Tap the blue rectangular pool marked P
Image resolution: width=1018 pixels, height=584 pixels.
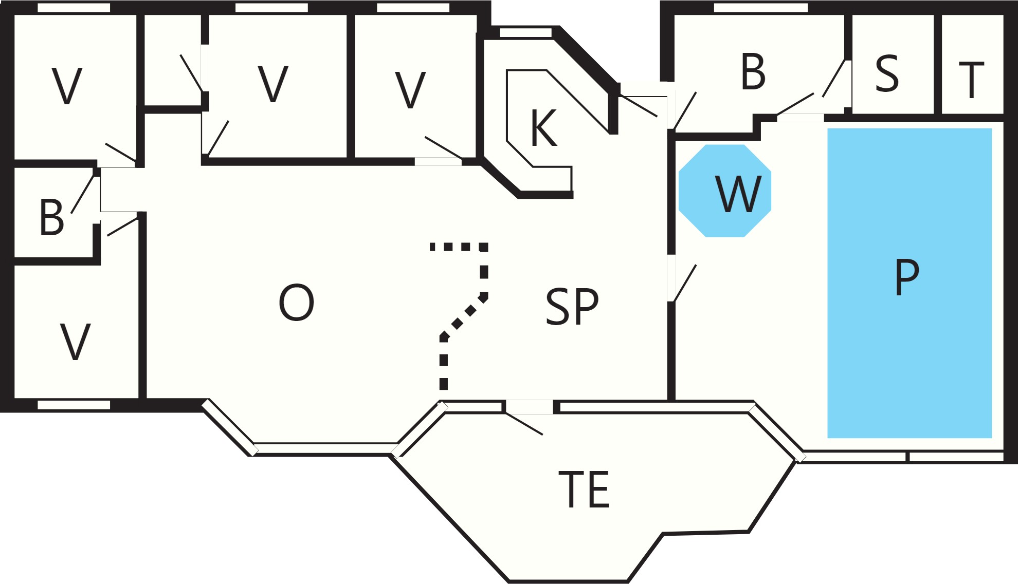[x=909, y=283]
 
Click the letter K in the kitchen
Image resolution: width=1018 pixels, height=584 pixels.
[x=544, y=128]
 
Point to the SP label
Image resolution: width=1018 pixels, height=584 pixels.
[x=572, y=306]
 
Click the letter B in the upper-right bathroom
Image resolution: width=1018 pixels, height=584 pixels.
[x=753, y=72]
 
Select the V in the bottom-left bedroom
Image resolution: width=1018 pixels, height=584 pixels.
[x=76, y=342]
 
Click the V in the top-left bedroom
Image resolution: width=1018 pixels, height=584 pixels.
[x=67, y=86]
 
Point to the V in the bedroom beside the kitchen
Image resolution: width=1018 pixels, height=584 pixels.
[x=410, y=90]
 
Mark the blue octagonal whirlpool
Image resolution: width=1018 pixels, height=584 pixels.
[x=725, y=191]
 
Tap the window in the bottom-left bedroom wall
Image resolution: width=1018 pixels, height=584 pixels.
[x=74, y=405]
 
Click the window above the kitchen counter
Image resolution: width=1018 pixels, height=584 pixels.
[x=525, y=33]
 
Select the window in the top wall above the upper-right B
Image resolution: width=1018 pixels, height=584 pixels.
[x=761, y=8]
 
